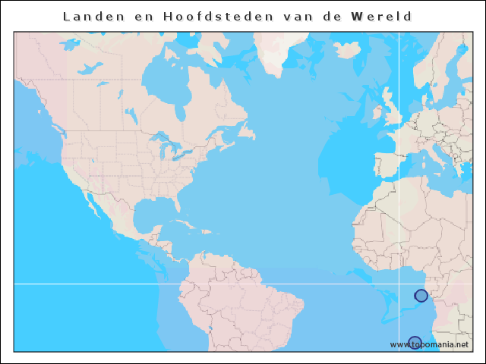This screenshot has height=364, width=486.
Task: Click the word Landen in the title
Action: [x=90, y=16]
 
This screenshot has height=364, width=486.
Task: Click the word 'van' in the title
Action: [x=292, y=16]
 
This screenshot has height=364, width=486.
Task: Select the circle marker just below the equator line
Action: [x=421, y=295]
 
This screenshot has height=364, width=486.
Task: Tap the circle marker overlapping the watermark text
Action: [x=415, y=343]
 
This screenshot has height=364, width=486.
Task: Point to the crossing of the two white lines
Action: [x=399, y=284]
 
